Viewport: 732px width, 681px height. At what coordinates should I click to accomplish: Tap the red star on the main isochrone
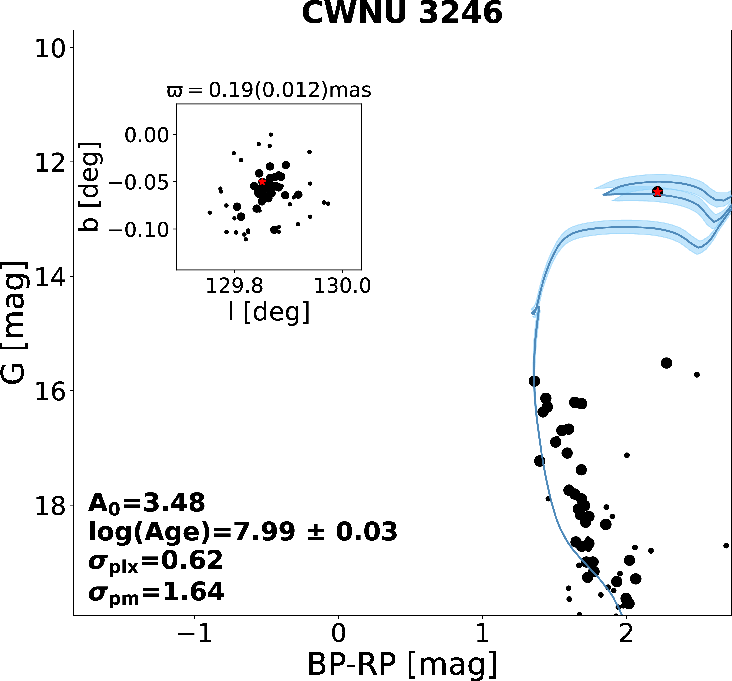click(658, 192)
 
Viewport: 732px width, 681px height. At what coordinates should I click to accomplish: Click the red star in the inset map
click(262, 182)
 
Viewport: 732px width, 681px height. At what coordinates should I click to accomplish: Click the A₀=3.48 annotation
click(146, 503)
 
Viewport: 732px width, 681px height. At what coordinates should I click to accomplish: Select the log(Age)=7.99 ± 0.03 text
click(243, 532)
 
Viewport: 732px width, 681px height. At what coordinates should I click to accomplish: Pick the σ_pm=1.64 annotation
click(156, 592)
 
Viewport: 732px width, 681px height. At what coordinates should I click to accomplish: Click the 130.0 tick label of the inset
click(342, 286)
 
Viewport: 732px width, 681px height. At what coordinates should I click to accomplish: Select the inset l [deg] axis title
click(269, 312)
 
